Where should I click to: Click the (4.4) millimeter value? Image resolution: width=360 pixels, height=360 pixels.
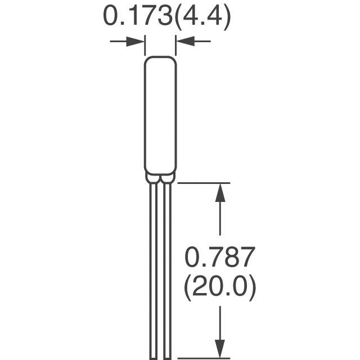pyautogui.click(x=202, y=18)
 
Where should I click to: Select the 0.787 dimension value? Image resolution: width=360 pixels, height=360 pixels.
pyautogui.click(x=220, y=257)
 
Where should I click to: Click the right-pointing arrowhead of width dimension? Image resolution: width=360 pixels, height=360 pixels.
pyautogui.click(x=136, y=42)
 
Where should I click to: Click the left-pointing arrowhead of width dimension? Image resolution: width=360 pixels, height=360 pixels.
pyautogui.click(x=185, y=41)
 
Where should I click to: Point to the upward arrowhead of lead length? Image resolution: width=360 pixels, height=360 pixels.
pyautogui.click(x=220, y=192)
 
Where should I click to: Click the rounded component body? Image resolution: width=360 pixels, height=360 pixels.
pyautogui.click(x=160, y=115)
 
